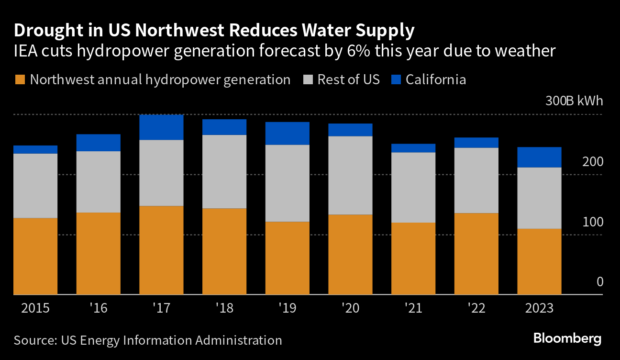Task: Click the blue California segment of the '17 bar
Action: pos(161,127)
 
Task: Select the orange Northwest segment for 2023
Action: pos(539,261)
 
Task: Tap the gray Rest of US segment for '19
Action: pos(287,183)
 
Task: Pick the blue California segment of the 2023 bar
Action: pos(539,157)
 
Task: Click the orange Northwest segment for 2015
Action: pos(35,256)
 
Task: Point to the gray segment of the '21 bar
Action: pos(413,187)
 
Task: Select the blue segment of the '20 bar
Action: pos(350,130)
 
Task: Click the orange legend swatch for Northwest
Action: pos(20,79)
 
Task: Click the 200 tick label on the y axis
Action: pos(593,162)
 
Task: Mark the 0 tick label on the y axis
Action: pos(599,282)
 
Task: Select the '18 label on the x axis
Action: pos(224,308)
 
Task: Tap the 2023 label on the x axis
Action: pos(539,308)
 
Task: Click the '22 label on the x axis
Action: pos(476,308)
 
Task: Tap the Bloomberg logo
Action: pos(567,339)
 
